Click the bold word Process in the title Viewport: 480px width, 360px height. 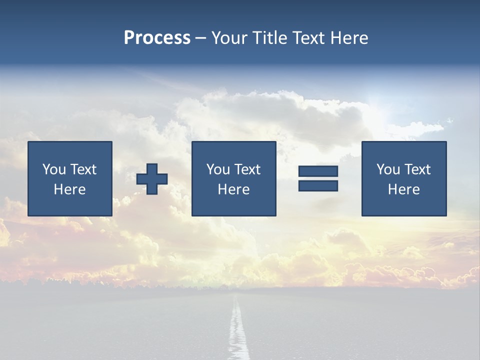point(157,37)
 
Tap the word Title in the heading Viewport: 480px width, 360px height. point(269,37)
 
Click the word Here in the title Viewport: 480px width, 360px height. point(350,37)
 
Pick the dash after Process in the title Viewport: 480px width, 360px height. point(200,38)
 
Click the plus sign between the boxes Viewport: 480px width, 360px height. point(152,178)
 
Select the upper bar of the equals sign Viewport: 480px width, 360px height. point(318,171)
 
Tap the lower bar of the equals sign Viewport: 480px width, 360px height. point(318,185)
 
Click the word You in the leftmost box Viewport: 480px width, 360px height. point(54,169)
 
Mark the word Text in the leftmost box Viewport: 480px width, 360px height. point(82,169)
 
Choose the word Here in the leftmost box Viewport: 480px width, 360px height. point(69,189)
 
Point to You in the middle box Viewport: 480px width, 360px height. point(218,169)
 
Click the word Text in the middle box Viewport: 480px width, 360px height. point(246,169)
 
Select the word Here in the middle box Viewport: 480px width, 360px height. point(233,189)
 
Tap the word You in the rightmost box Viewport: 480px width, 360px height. point(388,169)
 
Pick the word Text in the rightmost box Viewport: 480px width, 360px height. point(416,169)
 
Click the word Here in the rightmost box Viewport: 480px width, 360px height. point(403,189)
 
